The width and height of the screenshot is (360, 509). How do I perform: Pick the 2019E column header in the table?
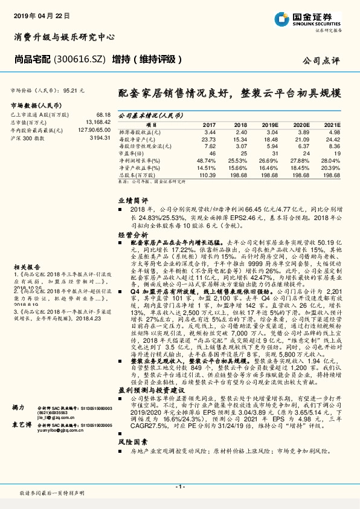[x=269, y=124]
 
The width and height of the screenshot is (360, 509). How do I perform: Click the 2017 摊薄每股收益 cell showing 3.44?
[x=210, y=131]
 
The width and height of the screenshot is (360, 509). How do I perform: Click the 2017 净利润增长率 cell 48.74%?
[x=207, y=160]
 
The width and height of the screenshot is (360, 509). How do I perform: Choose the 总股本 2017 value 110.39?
[x=207, y=174]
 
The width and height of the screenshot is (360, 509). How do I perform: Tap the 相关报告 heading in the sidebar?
[x=27, y=266]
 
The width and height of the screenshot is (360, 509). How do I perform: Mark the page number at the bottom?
[x=180, y=486]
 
